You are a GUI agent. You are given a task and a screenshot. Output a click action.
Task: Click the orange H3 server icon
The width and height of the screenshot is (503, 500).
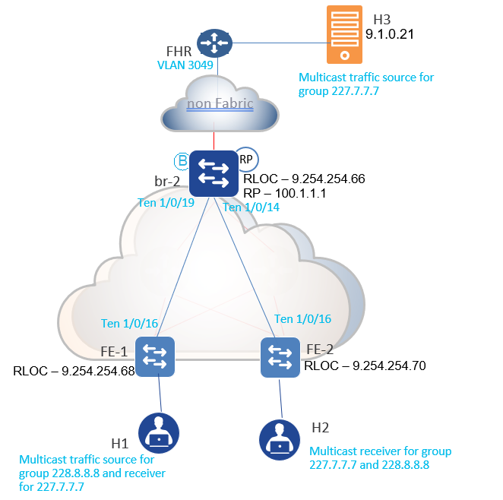click(x=344, y=35)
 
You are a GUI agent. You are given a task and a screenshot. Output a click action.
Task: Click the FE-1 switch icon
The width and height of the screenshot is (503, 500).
click(x=156, y=356)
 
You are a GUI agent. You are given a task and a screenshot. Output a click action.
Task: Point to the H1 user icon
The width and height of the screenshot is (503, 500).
click(x=160, y=435)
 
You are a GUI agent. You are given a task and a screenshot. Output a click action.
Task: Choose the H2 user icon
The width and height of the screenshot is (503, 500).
click(x=279, y=438)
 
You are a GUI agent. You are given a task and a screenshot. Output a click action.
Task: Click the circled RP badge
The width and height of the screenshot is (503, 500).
click(x=246, y=160)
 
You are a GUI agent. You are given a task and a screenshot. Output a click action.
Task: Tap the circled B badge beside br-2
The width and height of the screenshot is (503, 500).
click(x=182, y=160)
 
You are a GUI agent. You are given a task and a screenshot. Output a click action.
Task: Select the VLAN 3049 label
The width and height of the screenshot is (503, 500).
click(x=187, y=66)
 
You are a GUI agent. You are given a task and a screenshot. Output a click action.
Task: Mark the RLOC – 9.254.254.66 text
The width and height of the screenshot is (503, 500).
click(x=304, y=179)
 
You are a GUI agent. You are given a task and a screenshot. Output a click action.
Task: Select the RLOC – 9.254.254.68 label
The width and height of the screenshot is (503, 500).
click(x=73, y=372)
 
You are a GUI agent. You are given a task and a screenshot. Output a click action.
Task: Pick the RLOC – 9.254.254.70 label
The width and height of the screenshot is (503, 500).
click(x=365, y=366)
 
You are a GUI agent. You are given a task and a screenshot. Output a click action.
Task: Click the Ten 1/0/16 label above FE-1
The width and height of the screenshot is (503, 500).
click(x=129, y=324)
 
